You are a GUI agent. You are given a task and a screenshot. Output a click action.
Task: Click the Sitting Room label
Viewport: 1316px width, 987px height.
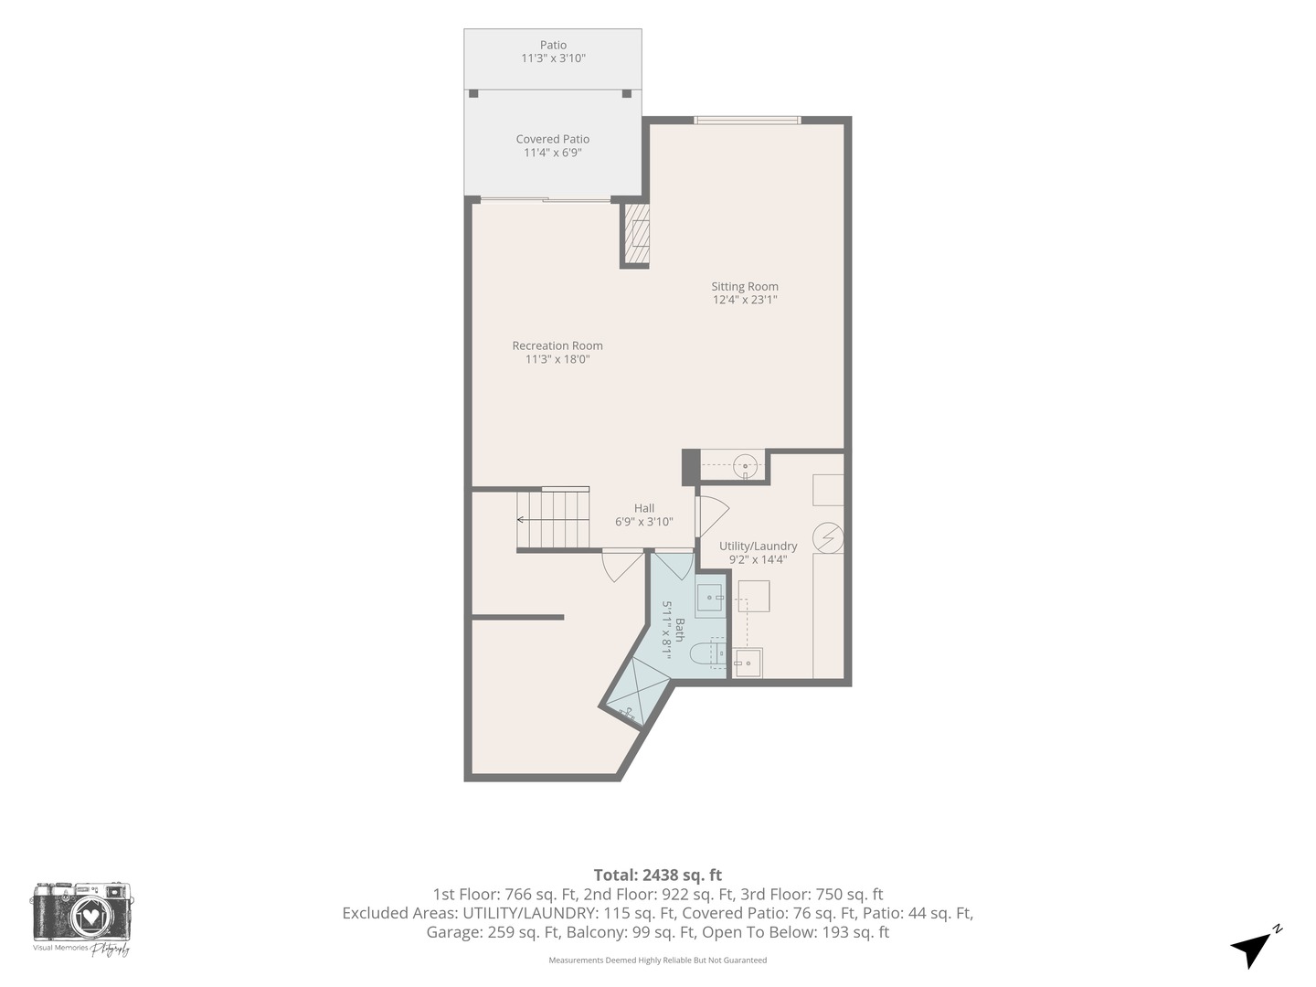click(745, 286)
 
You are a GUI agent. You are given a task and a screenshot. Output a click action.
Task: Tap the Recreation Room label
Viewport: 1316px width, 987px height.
click(557, 345)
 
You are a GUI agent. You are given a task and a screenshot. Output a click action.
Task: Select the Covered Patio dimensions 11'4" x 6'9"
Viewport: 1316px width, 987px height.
click(553, 153)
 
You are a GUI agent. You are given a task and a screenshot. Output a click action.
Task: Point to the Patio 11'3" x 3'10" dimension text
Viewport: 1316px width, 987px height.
click(553, 58)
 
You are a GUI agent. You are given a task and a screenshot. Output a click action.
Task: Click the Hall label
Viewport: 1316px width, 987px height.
click(644, 508)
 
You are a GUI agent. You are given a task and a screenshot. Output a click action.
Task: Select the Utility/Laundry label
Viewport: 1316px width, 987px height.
click(758, 546)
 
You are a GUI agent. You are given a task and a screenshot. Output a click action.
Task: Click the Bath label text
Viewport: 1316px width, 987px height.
click(680, 630)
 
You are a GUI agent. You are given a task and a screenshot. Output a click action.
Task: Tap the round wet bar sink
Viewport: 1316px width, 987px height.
click(745, 465)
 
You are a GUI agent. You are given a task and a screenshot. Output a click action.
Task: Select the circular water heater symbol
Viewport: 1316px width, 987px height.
click(828, 537)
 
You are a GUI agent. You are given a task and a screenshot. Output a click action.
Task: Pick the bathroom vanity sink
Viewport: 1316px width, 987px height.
click(710, 598)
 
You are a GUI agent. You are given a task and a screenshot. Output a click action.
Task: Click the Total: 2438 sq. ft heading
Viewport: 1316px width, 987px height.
click(658, 876)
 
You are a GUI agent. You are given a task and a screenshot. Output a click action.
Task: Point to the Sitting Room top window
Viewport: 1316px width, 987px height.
click(747, 121)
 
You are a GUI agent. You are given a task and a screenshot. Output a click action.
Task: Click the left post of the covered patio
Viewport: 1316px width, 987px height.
click(473, 93)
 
